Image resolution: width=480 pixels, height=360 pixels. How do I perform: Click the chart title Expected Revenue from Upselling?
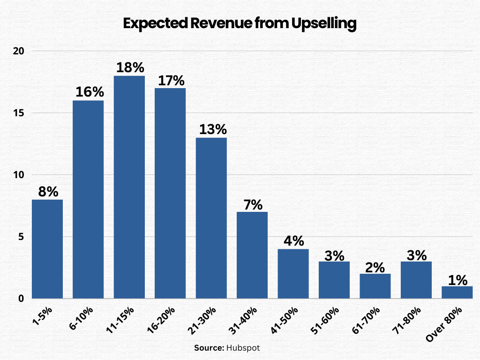click(240, 24)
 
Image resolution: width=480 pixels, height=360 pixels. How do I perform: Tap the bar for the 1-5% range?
click(47, 249)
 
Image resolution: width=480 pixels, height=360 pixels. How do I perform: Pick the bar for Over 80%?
click(457, 292)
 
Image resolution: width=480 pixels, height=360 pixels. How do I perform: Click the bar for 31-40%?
click(252, 255)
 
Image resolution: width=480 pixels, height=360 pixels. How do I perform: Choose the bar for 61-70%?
click(375, 286)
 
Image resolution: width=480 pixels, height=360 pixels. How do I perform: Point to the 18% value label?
click(129, 67)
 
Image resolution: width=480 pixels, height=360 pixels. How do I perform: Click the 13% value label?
click(211, 129)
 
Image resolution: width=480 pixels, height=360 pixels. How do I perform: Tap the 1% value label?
click(457, 280)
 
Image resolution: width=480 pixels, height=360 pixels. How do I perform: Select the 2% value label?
click(375, 267)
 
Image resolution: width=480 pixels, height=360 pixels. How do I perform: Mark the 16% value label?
click(88, 92)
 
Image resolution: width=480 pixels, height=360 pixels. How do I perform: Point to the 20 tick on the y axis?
click(18, 51)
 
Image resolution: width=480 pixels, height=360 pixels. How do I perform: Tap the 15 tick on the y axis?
click(18, 113)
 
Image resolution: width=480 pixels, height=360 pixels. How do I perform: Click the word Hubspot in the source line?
click(242, 348)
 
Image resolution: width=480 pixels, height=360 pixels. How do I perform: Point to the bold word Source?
click(209, 348)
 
